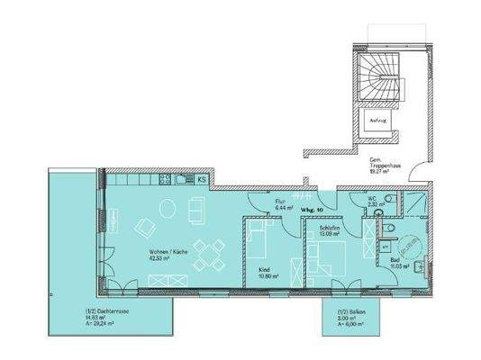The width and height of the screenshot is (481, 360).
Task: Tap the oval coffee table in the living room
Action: [168, 208]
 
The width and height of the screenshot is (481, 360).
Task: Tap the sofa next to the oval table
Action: [195, 210]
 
